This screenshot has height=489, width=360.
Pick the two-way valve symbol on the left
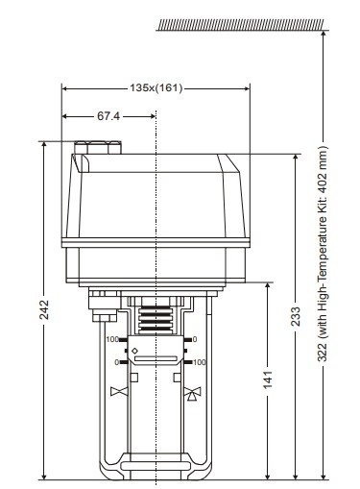pos(119,392)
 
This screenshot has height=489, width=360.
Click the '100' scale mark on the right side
pos(199,362)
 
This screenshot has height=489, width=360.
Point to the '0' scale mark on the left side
pos(115,362)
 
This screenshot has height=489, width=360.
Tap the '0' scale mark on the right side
pos(195,340)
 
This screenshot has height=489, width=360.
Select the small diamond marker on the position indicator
pos(134,350)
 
